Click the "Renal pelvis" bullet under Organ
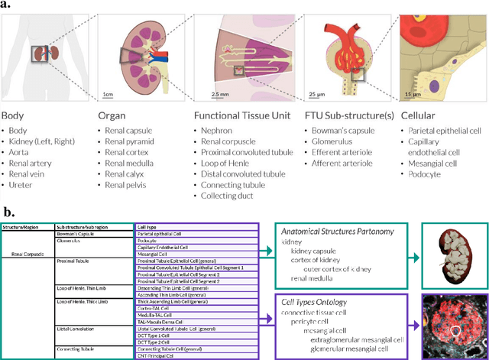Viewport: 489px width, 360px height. tap(128, 184)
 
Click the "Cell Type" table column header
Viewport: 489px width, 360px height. tap(147, 227)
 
